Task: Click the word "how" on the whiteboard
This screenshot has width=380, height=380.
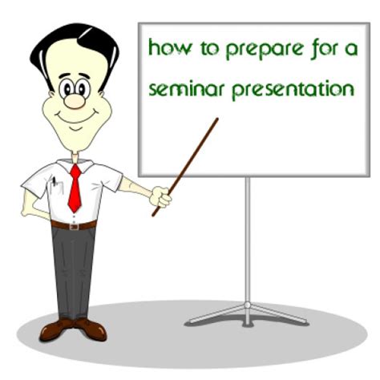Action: coord(170,47)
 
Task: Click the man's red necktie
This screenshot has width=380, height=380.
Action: coord(75,188)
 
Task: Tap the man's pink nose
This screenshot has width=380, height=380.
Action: coord(75,101)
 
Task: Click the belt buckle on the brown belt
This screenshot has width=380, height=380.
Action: coord(75,227)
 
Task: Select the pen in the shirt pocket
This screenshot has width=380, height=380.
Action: coord(55,182)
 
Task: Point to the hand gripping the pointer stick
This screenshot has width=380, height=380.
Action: coord(160,197)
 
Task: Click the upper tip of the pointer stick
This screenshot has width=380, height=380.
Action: coord(217,119)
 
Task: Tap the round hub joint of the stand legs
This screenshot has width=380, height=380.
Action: coord(248,305)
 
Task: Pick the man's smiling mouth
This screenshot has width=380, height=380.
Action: coord(76,117)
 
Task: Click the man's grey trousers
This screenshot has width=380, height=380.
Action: coord(73,273)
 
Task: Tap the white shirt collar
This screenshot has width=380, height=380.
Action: coord(75,165)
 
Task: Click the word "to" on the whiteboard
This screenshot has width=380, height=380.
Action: coord(210,49)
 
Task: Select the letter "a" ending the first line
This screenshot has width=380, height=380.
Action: coord(351,51)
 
